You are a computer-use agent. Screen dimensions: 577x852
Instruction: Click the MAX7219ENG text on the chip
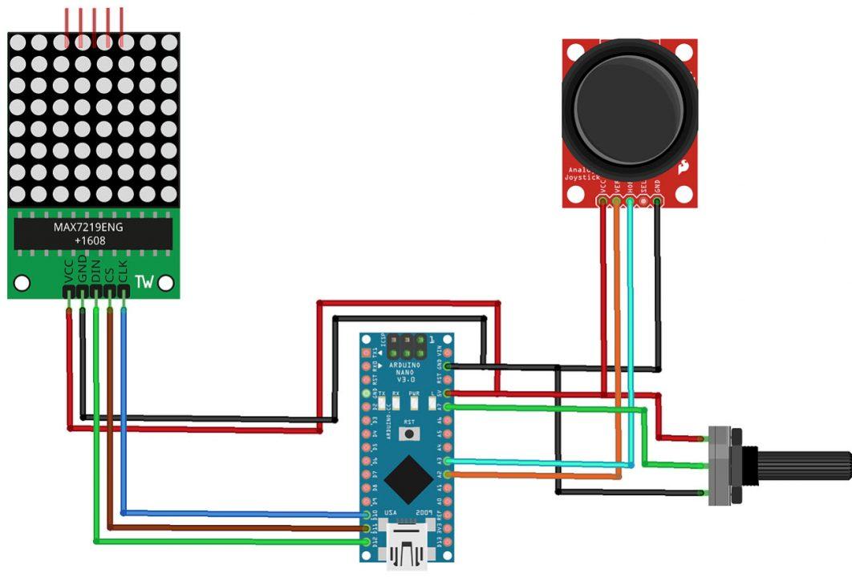tap(89, 227)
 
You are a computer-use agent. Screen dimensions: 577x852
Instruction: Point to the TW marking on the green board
tap(144, 282)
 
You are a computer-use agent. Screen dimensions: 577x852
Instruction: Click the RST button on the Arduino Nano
tap(410, 434)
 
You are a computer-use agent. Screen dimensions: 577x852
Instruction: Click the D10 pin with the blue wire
tap(367, 514)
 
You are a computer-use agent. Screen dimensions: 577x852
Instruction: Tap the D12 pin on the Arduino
tap(367, 543)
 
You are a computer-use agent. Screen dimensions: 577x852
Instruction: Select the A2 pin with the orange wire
tap(448, 475)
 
